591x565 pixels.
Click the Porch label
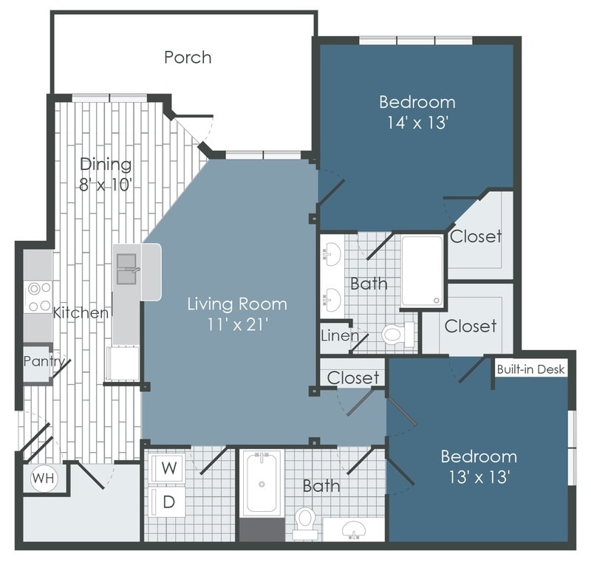(x=188, y=58)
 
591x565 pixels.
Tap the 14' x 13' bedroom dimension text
(x=417, y=123)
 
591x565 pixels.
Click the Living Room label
(x=236, y=304)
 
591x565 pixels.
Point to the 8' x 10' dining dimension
(x=106, y=184)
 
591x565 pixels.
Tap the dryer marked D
(x=168, y=502)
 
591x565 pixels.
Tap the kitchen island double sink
(x=128, y=270)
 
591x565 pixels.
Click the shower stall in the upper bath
(x=423, y=270)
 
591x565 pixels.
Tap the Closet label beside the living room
(x=352, y=377)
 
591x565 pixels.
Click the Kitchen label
(x=81, y=313)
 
